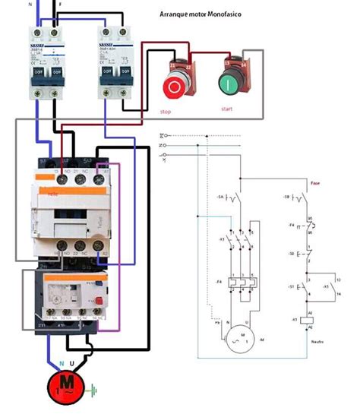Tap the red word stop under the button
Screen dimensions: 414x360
coord(166,112)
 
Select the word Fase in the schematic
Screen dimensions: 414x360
coord(314,182)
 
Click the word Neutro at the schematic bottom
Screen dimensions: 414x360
coord(317,343)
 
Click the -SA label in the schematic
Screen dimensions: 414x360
coord(221,196)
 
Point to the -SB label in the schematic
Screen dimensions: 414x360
coord(287,196)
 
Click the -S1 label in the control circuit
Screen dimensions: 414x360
coord(292,286)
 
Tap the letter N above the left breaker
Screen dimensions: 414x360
coord(31,3)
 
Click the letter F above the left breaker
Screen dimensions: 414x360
coord(60,3)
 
